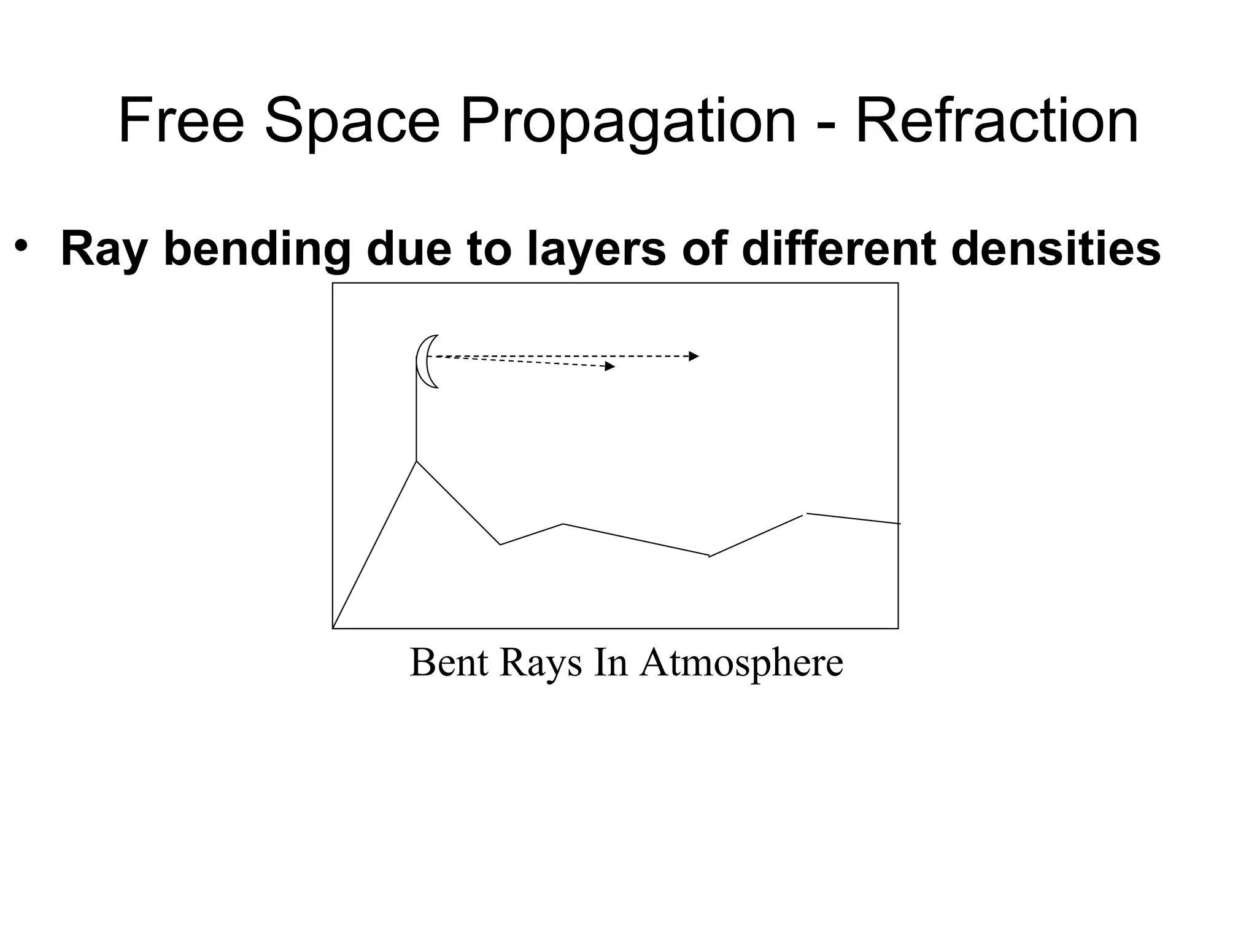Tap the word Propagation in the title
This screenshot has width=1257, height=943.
tap(627, 123)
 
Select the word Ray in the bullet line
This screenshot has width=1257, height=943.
tap(104, 249)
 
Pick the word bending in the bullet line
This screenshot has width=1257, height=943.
tap(257, 249)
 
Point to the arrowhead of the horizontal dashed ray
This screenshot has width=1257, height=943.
tap(694, 356)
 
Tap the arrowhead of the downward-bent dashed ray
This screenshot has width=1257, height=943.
tap(610, 367)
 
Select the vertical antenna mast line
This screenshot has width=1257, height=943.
tap(416, 417)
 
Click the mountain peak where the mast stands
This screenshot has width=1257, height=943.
tap(417, 461)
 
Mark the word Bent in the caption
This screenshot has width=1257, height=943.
tap(449, 662)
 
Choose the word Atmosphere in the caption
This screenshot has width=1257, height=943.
tap(741, 662)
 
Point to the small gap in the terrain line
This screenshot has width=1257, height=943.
tap(805, 514)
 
